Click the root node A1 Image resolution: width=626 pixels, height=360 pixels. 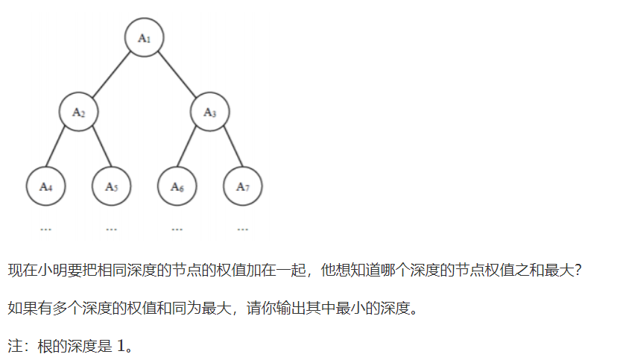(x=144, y=37)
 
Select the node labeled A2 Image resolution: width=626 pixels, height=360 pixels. (x=79, y=113)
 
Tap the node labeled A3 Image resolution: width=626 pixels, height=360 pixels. (x=209, y=113)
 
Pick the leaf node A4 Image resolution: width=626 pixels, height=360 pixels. (x=45, y=186)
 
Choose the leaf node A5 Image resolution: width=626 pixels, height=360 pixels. (x=111, y=186)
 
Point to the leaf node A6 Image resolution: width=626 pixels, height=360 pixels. (x=177, y=186)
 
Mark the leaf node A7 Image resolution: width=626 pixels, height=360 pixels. (x=242, y=186)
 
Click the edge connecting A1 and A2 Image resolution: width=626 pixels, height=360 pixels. (x=112, y=75)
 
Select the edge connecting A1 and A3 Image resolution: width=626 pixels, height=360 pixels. (x=177, y=75)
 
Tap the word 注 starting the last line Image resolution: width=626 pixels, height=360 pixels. (x=14, y=347)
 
